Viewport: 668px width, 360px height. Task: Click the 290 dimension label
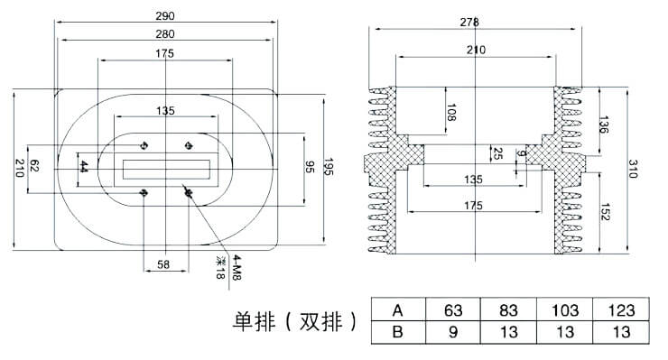coord(165,16)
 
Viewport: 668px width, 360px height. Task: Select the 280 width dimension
coord(165,34)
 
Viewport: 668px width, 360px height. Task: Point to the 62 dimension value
coord(35,166)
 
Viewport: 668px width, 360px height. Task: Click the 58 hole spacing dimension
coord(163,265)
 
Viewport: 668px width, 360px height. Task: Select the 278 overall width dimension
coord(469,22)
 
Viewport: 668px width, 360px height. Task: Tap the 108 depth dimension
coord(451,113)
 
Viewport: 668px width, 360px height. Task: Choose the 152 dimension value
coord(603,214)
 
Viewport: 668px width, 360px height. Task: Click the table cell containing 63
coord(453,310)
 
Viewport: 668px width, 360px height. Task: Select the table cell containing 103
coord(566,310)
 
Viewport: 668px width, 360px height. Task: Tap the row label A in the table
coord(397,310)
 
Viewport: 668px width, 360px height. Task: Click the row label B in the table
coord(397,332)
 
